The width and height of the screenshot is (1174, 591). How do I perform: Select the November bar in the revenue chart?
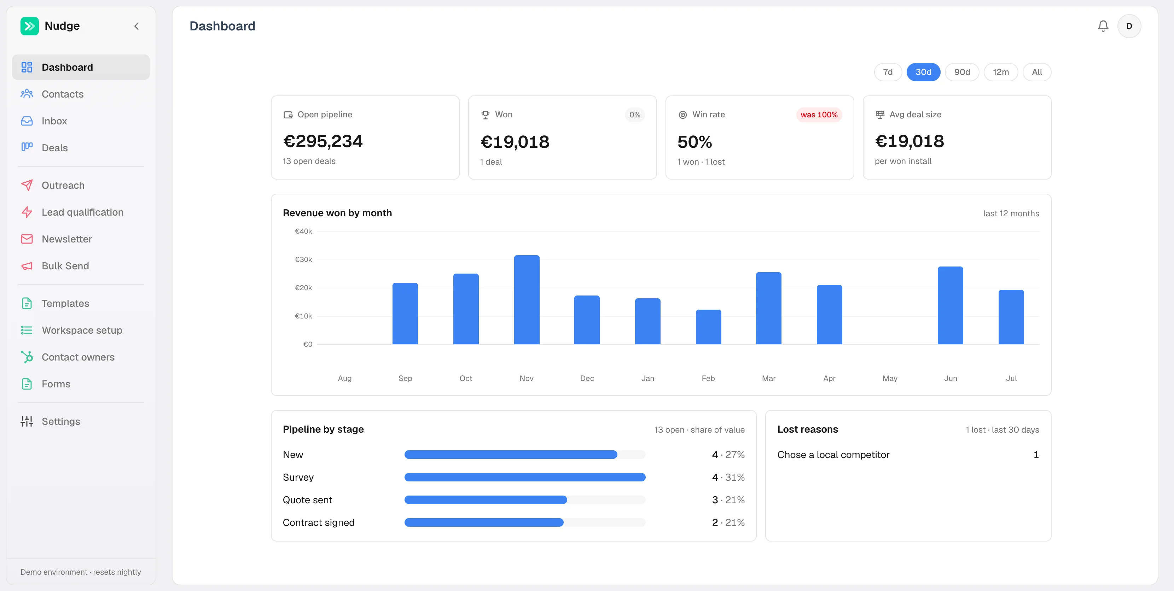pos(527,299)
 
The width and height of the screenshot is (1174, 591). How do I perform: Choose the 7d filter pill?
pos(888,72)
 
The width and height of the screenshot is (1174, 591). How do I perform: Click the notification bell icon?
pos(1103,26)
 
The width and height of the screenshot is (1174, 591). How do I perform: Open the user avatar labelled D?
pos(1129,26)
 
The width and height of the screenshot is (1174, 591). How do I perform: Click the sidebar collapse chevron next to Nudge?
pos(136,26)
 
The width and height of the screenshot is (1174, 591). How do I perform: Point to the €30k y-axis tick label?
pos(303,259)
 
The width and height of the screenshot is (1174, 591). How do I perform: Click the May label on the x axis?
pos(890,378)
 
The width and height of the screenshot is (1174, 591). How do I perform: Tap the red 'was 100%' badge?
pos(819,115)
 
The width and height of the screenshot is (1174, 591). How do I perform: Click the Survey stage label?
pos(298,477)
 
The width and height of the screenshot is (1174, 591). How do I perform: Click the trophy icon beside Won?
pos(486,115)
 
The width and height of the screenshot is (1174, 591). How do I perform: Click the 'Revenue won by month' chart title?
pos(337,213)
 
